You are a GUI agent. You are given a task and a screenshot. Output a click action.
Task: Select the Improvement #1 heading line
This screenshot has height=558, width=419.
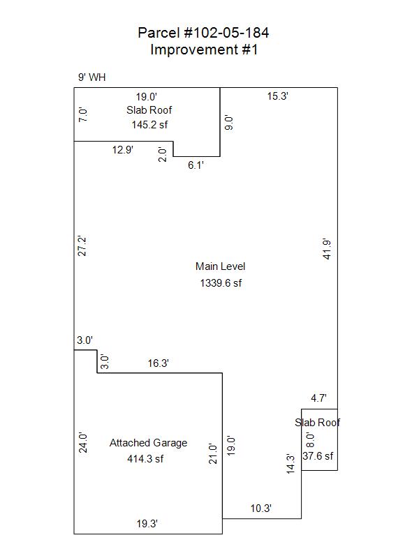tap(204, 50)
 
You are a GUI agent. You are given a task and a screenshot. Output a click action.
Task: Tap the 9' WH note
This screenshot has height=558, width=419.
tap(92, 77)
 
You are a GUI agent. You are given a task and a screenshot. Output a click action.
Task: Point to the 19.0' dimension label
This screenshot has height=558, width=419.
tap(147, 97)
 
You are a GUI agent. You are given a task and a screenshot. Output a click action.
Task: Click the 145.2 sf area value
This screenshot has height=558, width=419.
tap(149, 124)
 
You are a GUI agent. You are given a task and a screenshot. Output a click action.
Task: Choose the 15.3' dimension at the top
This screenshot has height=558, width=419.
tap(278, 96)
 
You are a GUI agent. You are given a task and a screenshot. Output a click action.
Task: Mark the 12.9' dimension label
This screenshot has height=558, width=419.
tap(123, 149)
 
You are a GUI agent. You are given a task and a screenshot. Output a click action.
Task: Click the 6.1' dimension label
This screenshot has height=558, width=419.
tap(196, 165)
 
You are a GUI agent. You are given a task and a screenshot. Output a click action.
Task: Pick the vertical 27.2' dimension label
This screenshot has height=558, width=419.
tap(82, 246)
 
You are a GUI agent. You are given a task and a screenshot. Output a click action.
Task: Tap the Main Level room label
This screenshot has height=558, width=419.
tap(220, 266)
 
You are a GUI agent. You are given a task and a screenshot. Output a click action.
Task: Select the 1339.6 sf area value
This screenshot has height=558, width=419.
tap(221, 282)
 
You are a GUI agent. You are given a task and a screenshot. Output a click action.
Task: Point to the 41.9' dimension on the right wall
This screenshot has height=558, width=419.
tap(326, 249)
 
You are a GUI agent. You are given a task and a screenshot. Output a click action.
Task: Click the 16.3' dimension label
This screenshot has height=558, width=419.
tap(158, 363)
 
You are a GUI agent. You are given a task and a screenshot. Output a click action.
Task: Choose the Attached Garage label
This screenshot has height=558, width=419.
tap(148, 443)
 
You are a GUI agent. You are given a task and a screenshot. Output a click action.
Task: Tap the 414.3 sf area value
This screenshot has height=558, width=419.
tap(145, 459)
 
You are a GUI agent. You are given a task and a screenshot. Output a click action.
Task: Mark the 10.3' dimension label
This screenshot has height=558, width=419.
tap(260, 508)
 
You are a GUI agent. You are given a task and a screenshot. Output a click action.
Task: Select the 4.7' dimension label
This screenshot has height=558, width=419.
tap(318, 398)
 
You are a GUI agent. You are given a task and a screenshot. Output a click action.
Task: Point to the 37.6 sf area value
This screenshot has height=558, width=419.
tap(318, 456)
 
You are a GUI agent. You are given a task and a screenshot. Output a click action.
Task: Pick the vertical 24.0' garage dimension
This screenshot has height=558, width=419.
tap(82, 443)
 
